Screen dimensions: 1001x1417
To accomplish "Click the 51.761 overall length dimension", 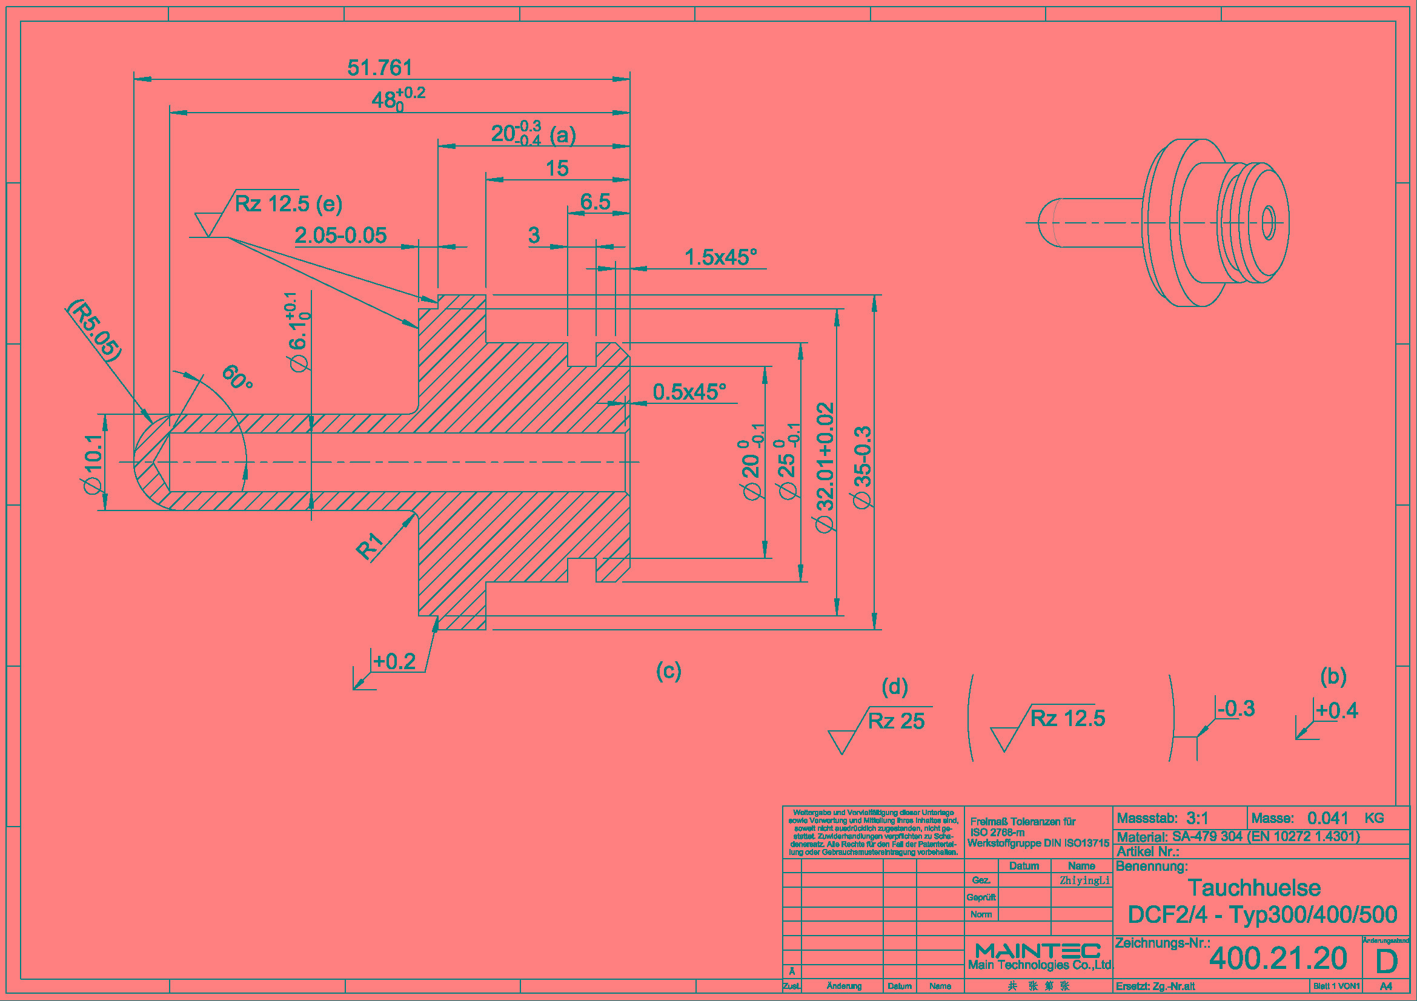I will [x=380, y=68].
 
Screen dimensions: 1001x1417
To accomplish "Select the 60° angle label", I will [x=237, y=377].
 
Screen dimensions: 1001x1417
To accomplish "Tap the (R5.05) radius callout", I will [x=95, y=330].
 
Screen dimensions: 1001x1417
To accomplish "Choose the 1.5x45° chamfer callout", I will [x=720, y=257].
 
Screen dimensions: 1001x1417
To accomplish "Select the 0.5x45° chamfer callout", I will [x=689, y=392].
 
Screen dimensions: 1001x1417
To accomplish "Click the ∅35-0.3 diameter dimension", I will [x=862, y=467].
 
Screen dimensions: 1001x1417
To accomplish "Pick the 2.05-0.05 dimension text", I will [x=340, y=236].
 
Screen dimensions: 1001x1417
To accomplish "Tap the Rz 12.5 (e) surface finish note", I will [x=288, y=203].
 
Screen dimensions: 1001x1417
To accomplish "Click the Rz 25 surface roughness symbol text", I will [x=896, y=721].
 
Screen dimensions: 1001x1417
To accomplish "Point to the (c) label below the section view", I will [x=668, y=670].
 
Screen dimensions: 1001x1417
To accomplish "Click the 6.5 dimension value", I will [x=595, y=202].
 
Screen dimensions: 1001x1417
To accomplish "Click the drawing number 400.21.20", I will [x=1278, y=958].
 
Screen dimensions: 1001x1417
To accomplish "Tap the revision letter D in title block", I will [x=1386, y=961].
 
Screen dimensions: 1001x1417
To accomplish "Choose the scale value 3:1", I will [x=1197, y=819].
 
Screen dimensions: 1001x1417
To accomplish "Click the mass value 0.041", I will [x=1327, y=819].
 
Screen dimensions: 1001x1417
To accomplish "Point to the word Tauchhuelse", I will [x=1254, y=888].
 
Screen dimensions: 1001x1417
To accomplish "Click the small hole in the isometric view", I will [x=1268, y=223].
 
